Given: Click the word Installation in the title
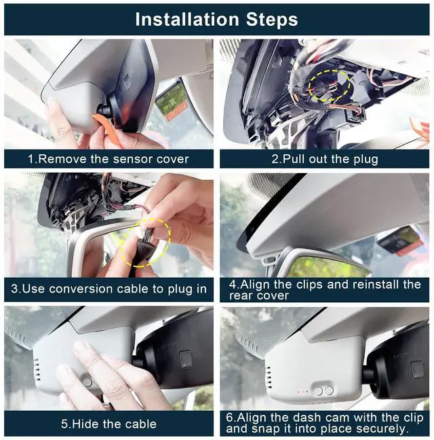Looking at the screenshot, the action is point(187,20).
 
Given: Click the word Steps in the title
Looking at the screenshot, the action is point(272,20).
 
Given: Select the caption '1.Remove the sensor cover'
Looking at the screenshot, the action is point(108,159).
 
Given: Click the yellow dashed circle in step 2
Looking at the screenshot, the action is point(330,86).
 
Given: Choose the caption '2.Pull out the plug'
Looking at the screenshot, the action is point(325,159).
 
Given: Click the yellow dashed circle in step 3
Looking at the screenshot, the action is point(146,242).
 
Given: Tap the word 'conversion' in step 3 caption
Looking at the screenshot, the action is point(81,289).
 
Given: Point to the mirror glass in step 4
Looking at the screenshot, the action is point(328,267).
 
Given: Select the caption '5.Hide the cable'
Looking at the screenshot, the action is point(108,424).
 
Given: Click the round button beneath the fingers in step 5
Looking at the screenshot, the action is point(87,382).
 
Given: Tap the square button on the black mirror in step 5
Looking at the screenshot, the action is point(185,358).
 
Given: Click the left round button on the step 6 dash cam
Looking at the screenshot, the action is point(319,391).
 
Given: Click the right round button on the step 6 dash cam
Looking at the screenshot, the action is point(329,390).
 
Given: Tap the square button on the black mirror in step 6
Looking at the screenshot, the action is point(417,369).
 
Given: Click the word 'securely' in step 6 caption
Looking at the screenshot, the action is point(380,429).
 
